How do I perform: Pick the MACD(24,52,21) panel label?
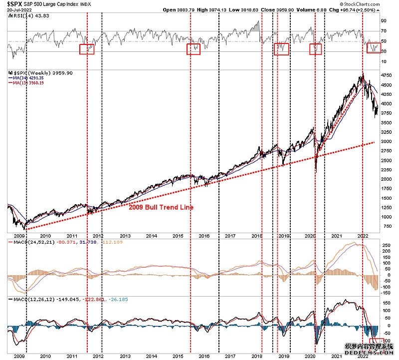(32, 242)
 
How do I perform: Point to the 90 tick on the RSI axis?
(384, 21)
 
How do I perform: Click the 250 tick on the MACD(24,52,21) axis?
(385, 245)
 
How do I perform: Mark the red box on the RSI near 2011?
(87, 48)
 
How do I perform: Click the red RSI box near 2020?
(316, 49)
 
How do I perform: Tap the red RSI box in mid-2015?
(193, 49)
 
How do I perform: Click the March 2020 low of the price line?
(316, 172)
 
